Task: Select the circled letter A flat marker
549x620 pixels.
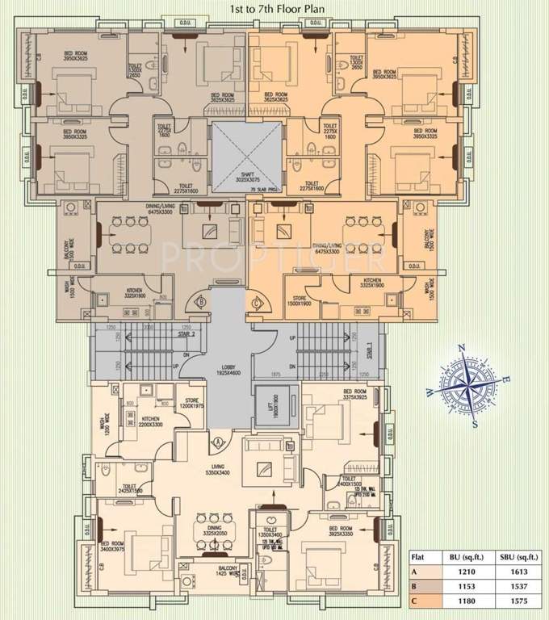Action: tap(218, 442)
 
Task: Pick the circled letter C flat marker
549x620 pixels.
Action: tap(258, 304)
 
